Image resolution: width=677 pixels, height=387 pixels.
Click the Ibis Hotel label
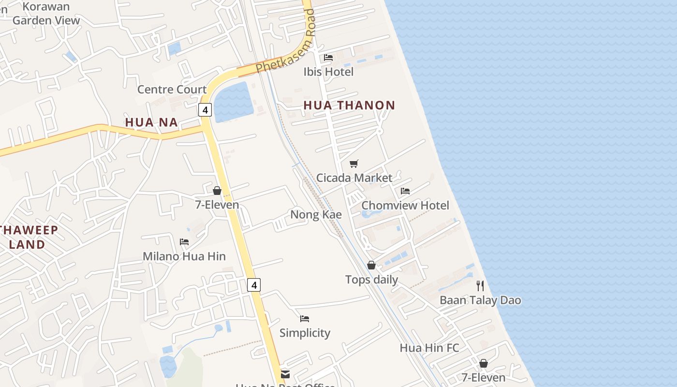(328, 72)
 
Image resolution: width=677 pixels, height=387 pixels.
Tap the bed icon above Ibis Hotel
(328, 58)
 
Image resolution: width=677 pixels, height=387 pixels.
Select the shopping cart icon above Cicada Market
(354, 164)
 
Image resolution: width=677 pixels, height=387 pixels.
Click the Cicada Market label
(354, 178)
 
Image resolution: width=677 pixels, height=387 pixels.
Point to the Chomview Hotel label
(405, 205)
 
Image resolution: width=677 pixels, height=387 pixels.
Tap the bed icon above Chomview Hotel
(405, 191)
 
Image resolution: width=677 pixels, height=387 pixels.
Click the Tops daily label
(371, 279)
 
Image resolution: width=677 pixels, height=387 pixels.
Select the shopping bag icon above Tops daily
(371, 265)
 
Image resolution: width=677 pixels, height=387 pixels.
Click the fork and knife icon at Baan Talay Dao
(480, 286)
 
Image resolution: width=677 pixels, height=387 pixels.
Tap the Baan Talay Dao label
(480, 300)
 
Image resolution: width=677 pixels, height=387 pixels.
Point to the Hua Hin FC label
(429, 347)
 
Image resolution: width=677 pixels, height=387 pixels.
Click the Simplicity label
(305, 333)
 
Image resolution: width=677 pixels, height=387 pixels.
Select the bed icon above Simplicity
(305, 319)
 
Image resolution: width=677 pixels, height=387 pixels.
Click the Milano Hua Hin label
(184, 256)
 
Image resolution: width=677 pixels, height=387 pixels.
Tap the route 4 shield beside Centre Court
(205, 110)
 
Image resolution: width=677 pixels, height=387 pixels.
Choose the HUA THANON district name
(349, 105)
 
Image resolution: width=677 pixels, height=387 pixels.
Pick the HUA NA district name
(151, 122)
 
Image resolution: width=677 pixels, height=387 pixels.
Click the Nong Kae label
(316, 214)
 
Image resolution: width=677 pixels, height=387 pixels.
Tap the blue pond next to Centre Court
(233, 102)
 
